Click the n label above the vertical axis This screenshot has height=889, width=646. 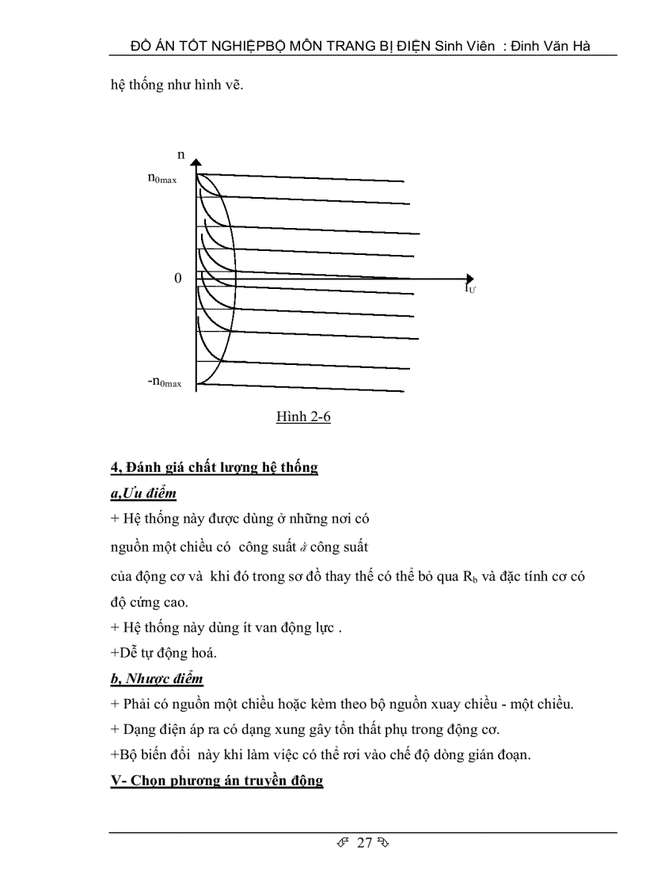point(181,155)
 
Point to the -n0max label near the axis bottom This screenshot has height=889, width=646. point(165,382)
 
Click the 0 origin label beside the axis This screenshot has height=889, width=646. point(178,279)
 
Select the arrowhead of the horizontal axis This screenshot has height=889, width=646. point(469,279)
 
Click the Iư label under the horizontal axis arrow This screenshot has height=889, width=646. point(470,290)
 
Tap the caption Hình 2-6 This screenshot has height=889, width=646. point(303,416)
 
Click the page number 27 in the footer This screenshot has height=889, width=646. point(364,842)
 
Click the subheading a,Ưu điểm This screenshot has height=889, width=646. point(143,493)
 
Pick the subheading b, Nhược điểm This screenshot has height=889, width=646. point(157,678)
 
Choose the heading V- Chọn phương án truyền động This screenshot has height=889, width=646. point(216,781)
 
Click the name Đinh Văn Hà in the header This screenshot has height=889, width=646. point(553,46)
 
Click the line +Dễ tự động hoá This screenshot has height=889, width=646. point(163,653)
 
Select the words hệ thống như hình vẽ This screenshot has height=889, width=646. point(177,85)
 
